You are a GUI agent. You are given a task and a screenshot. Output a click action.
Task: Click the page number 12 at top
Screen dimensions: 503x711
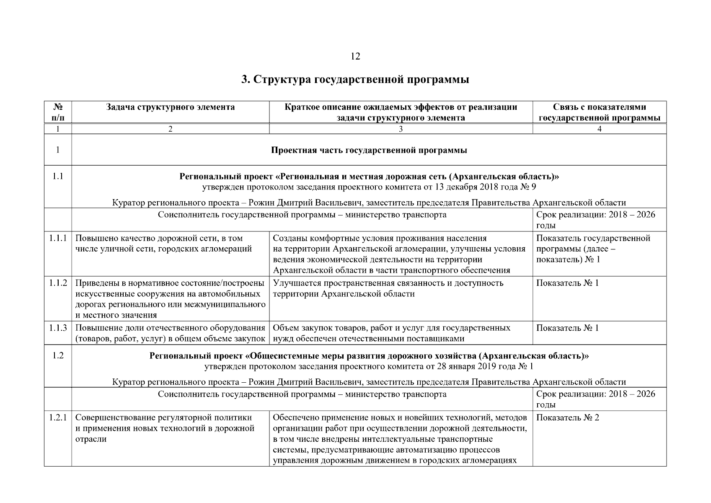coord(355,56)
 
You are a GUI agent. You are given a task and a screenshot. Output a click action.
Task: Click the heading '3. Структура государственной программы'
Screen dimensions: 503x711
coord(355,80)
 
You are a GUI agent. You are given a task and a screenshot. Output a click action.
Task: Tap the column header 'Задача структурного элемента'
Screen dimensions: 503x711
coord(170,107)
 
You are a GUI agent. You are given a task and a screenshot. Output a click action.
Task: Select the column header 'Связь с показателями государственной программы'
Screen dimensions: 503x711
coord(599,112)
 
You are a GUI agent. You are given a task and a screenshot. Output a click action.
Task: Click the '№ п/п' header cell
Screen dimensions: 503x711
coord(58,112)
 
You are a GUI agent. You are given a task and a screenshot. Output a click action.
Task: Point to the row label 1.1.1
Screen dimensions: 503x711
coord(58,239)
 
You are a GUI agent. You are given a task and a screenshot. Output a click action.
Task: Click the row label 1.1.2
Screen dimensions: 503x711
coord(58,283)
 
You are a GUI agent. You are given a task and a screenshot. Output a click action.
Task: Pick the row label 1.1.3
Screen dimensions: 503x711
coord(58,328)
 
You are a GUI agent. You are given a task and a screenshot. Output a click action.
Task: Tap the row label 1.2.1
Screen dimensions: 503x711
coord(58,418)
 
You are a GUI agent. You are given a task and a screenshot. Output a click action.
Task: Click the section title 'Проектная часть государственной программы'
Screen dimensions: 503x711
coord(369,150)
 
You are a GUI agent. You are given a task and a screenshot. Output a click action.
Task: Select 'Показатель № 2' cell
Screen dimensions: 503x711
coord(567,418)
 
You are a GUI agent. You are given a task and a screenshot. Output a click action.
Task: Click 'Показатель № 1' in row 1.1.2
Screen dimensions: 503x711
coord(567,283)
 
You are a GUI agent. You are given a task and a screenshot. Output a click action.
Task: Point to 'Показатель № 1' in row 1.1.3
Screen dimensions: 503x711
coord(567,328)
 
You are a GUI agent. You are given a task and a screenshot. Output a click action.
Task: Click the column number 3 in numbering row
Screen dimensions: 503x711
coord(401,129)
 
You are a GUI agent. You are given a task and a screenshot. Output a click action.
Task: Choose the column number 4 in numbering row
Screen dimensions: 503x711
coord(599,129)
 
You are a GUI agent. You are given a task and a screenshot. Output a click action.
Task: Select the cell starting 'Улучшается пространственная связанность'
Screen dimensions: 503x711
coord(388,288)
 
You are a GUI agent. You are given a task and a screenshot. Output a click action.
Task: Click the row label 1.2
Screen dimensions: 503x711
coord(58,356)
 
